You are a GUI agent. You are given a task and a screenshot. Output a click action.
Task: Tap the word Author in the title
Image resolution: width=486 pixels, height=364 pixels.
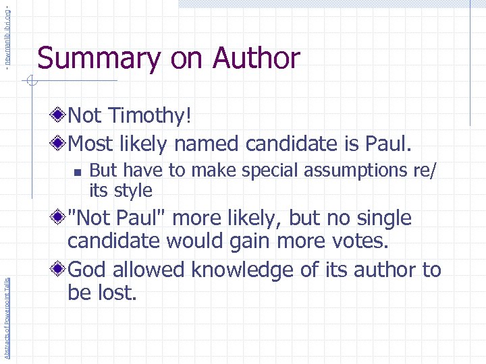256,59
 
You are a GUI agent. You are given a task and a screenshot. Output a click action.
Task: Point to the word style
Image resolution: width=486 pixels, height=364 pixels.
131,190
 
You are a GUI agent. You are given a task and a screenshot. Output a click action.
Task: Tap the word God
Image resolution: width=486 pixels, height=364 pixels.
91,270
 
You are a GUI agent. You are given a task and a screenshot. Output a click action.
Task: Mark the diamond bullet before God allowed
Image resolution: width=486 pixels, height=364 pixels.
61,270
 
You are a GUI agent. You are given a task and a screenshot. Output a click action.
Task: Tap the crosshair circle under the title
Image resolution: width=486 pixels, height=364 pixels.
30,82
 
